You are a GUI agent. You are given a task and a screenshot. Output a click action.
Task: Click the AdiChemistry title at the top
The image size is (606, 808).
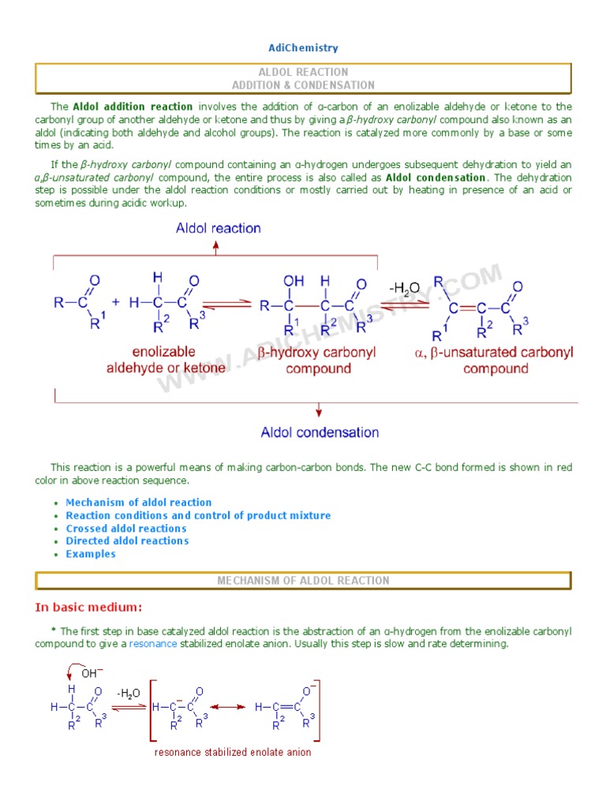tap(303, 48)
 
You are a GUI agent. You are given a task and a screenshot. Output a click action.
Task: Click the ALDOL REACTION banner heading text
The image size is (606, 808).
tap(303, 72)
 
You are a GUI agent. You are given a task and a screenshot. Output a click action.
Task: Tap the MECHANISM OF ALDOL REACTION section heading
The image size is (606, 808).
tap(303, 581)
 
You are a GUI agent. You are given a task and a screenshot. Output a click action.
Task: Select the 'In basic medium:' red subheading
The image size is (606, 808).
tap(88, 608)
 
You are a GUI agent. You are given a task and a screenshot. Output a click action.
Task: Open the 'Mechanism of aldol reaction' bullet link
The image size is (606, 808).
tap(139, 503)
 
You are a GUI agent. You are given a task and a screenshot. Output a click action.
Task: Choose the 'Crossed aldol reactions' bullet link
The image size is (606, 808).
tap(126, 529)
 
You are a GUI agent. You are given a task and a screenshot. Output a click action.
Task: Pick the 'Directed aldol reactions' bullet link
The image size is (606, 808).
tap(127, 541)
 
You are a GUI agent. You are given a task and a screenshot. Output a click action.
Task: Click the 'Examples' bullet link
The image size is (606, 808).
tap(91, 554)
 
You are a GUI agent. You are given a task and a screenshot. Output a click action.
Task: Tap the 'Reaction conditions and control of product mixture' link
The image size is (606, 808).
tap(198, 515)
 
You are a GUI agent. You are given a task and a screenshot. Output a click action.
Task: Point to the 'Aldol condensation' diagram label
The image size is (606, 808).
tap(320, 432)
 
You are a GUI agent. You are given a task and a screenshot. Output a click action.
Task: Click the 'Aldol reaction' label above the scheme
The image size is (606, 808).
tap(218, 229)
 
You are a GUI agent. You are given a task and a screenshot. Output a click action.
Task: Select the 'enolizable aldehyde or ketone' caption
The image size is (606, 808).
tap(166, 360)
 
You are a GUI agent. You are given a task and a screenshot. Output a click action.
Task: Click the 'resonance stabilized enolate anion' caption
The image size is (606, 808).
tap(233, 753)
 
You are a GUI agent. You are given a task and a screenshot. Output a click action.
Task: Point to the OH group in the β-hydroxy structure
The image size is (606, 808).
tap(294, 280)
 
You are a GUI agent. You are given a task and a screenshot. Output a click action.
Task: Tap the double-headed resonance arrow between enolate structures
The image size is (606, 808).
tap(228, 707)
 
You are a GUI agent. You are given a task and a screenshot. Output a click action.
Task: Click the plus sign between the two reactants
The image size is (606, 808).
tap(116, 302)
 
